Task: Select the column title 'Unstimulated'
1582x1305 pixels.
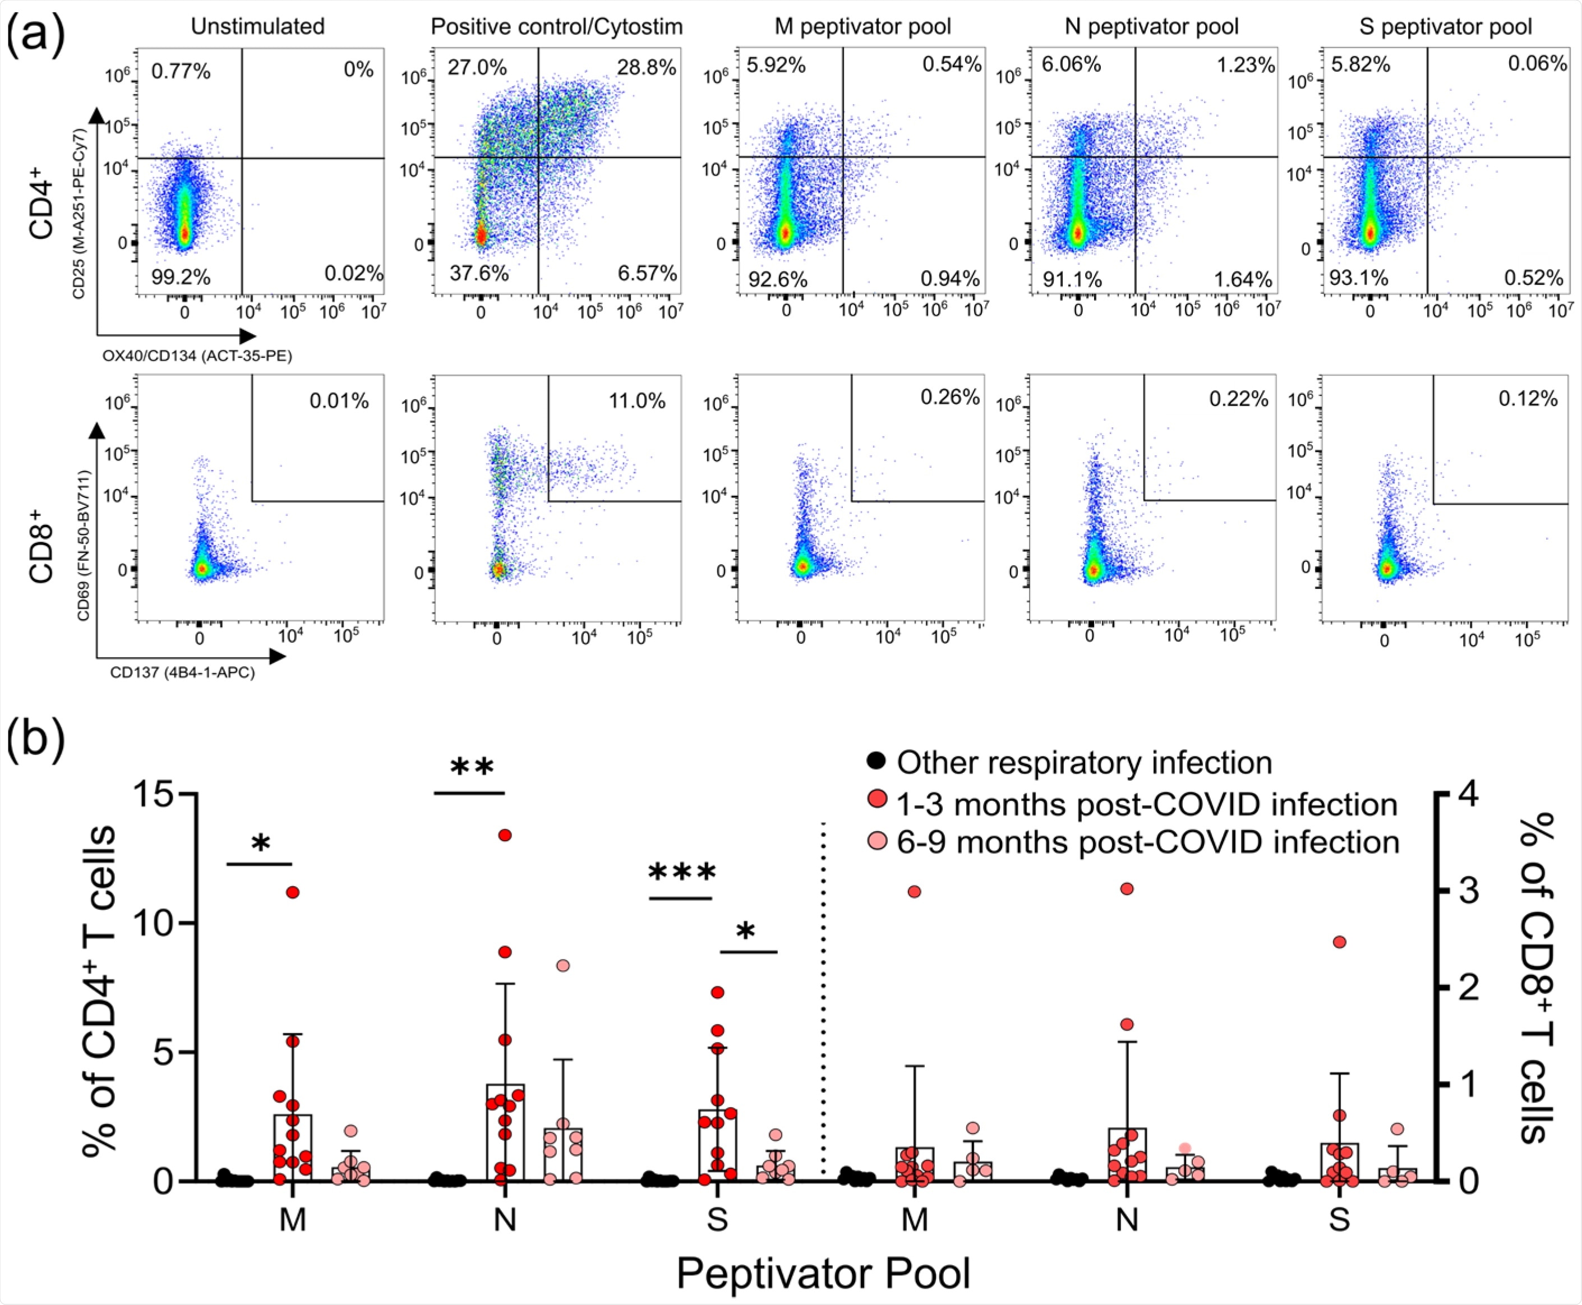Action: pos(258,27)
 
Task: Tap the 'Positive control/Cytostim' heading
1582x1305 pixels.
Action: pos(556,27)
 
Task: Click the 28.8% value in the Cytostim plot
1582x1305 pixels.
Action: pos(647,68)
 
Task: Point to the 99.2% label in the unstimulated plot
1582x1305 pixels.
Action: pos(181,278)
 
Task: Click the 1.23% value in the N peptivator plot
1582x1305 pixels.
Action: pos(1246,66)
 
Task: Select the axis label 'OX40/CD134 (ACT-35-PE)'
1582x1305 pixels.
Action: pos(197,356)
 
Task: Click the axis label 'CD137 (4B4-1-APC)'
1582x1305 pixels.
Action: pos(183,673)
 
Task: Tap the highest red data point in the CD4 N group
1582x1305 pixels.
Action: pos(505,835)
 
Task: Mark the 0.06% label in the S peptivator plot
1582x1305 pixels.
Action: pos(1538,64)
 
